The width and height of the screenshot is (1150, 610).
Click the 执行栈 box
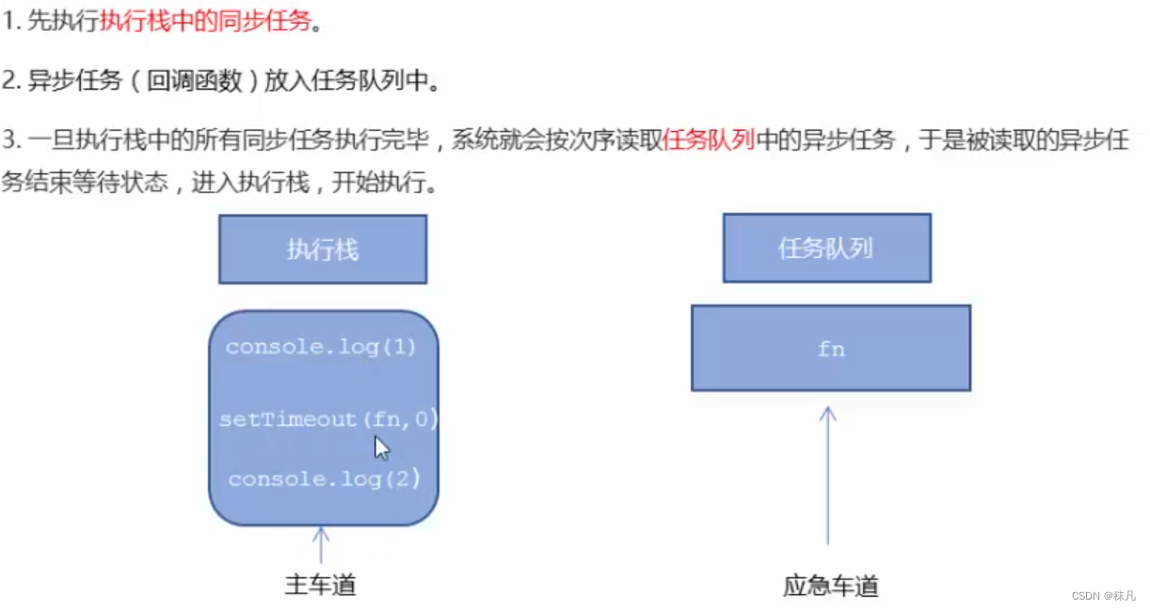click(323, 249)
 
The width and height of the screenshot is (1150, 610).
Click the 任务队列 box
click(826, 248)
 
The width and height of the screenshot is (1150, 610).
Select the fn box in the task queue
click(830, 348)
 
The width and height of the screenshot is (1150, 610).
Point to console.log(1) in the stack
click(320, 346)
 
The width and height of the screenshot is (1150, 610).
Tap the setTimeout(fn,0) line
click(328, 419)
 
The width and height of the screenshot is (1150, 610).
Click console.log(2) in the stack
click(323, 478)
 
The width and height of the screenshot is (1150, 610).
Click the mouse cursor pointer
click(381, 447)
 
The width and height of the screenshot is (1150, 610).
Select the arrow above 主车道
click(321, 545)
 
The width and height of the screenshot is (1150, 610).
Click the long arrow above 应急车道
click(828, 475)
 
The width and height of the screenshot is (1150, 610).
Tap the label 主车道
click(321, 586)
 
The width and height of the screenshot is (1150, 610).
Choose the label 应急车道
click(830, 586)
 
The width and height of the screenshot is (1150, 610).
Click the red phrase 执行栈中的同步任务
click(205, 21)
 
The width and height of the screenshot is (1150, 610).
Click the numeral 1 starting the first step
click(8, 22)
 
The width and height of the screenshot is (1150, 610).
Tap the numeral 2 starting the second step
click(8, 81)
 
